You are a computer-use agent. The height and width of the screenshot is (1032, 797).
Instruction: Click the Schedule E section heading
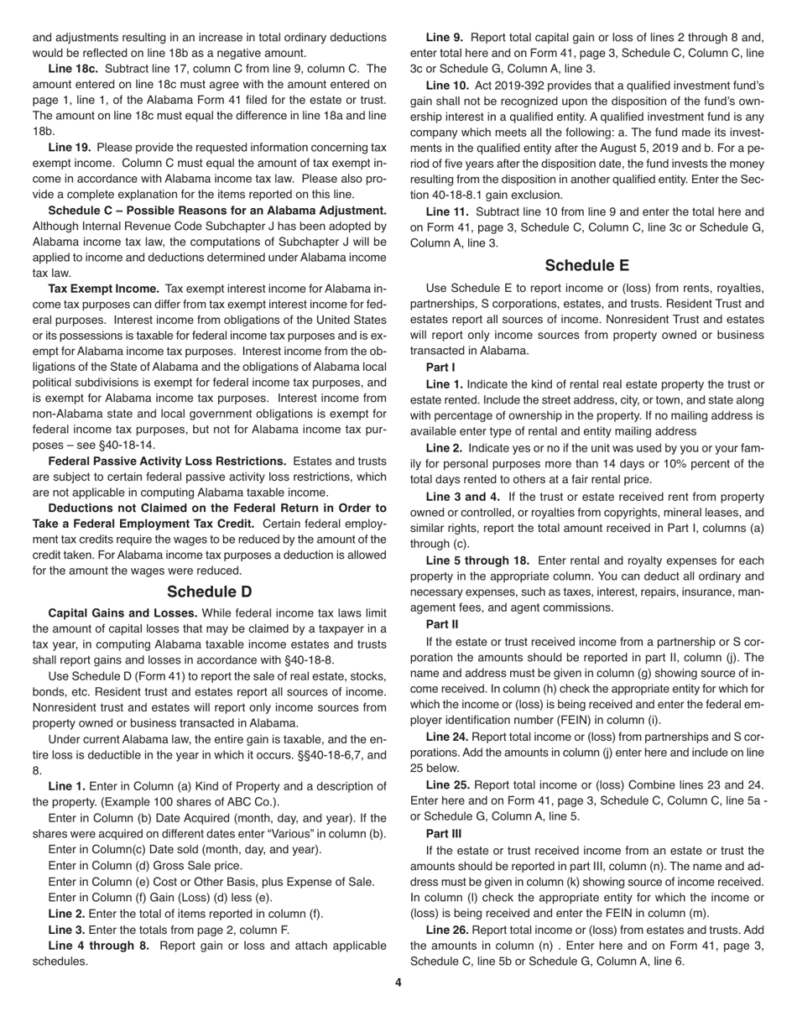[586, 265]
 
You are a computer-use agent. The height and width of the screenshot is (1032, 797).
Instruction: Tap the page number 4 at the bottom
[398, 982]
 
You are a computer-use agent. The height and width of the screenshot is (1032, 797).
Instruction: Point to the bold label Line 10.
[447, 85]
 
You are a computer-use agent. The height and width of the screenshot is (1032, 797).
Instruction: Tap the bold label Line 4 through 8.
[98, 946]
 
